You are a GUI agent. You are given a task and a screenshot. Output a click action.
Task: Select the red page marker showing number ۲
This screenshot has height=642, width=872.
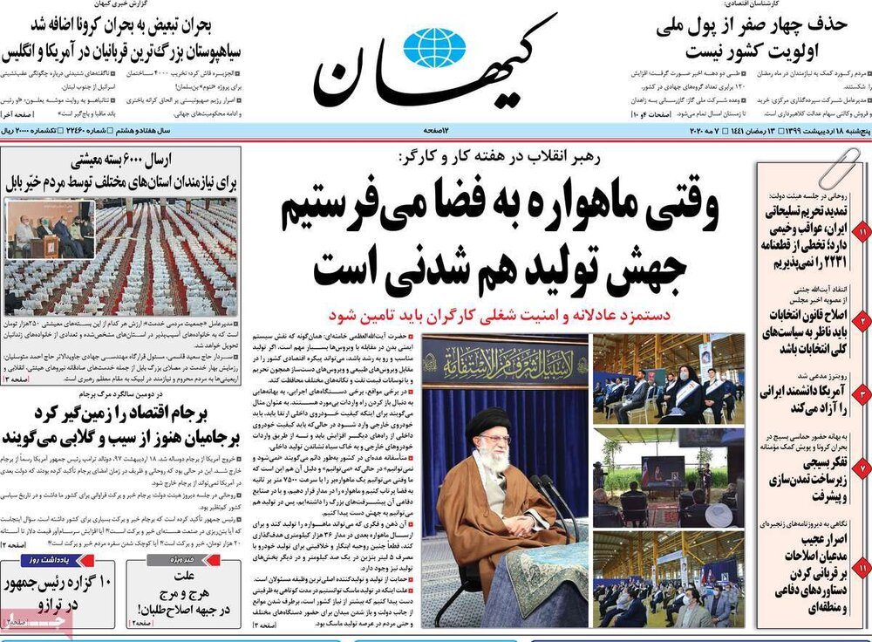point(862,320)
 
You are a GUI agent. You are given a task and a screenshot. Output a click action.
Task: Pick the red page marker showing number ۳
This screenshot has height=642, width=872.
point(862,394)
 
